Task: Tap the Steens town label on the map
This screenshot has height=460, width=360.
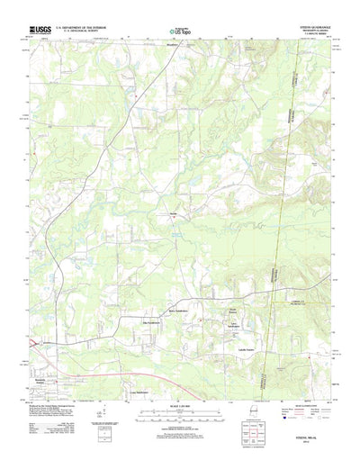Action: [171, 213]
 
